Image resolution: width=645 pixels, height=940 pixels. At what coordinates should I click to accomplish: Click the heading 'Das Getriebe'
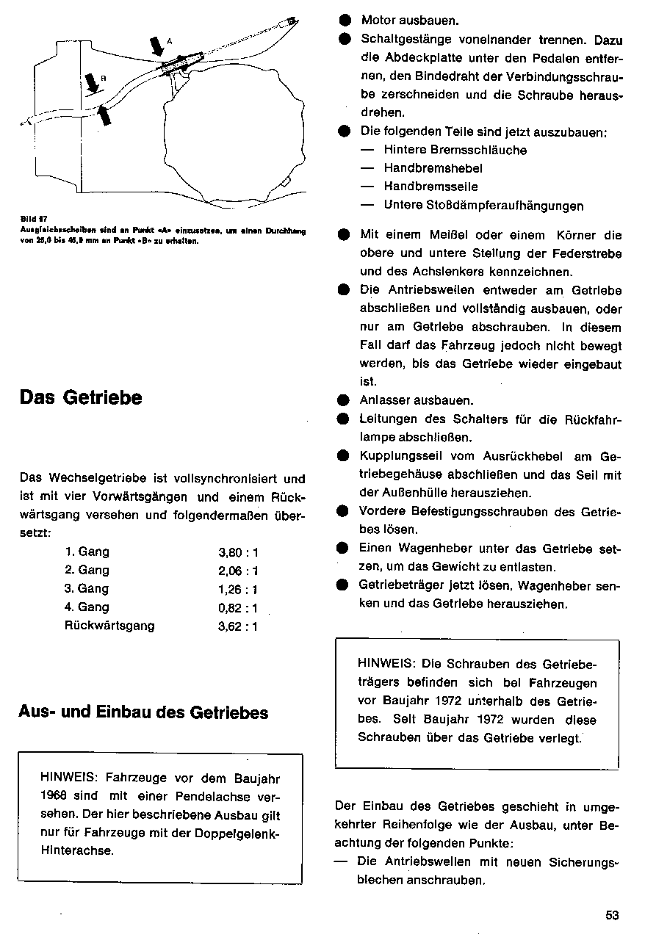(81, 398)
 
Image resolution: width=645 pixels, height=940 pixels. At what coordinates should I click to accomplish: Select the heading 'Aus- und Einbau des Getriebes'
(143, 712)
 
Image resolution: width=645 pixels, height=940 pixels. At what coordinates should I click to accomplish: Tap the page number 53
(613, 915)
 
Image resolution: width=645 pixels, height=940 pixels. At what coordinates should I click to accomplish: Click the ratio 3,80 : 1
(239, 552)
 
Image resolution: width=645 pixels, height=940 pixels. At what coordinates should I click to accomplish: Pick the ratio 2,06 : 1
(239, 571)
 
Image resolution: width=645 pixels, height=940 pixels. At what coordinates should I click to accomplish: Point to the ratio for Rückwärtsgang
(239, 627)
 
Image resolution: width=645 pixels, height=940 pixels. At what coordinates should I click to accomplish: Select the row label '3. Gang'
(87, 589)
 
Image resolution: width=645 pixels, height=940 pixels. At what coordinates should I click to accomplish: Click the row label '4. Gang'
(87, 607)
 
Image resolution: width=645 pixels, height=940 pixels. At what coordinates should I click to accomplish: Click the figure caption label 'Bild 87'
(29, 217)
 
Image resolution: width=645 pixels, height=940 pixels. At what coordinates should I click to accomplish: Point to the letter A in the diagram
(170, 41)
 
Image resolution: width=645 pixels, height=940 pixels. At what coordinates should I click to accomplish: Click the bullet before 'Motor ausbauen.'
(344, 21)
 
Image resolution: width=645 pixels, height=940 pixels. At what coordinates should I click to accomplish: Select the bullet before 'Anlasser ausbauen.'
(343, 401)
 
